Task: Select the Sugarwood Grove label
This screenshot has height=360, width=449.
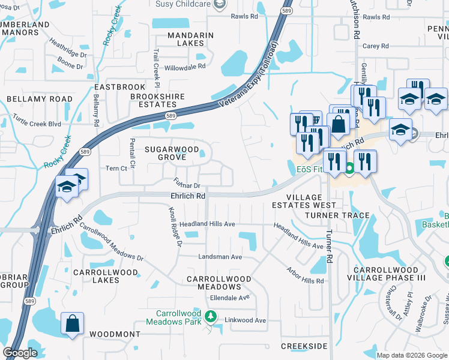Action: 169,152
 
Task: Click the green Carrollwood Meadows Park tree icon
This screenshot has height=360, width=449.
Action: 209,316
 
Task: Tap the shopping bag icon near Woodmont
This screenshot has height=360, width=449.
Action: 72,323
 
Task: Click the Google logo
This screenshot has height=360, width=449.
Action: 20,353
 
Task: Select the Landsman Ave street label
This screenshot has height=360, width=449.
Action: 220,257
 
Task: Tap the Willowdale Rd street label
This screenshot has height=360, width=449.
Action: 185,68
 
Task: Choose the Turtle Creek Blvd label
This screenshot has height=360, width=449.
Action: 38,124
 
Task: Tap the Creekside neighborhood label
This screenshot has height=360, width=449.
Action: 304,346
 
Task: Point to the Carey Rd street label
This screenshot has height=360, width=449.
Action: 376,46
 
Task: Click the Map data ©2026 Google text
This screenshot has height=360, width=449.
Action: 412,355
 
